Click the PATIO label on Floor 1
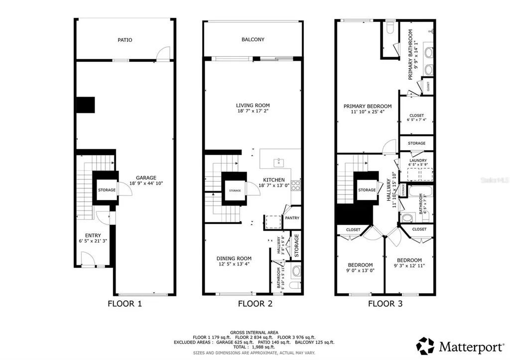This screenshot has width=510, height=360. click(x=125, y=40)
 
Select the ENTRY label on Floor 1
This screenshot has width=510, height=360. click(x=93, y=236)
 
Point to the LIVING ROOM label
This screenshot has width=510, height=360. click(x=253, y=105)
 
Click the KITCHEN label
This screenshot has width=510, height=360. click(x=274, y=180)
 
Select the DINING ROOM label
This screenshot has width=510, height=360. click(x=234, y=258)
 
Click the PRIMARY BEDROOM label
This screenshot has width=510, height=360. click(x=368, y=106)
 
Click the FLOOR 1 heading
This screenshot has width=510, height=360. click(x=125, y=303)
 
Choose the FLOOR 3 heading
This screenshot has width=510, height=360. click(x=385, y=303)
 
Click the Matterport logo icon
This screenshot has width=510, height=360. click(x=425, y=346)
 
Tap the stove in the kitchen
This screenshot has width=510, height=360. click(x=295, y=185)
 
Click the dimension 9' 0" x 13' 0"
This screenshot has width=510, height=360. click(x=360, y=270)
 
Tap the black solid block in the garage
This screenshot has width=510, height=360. click(x=84, y=105)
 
